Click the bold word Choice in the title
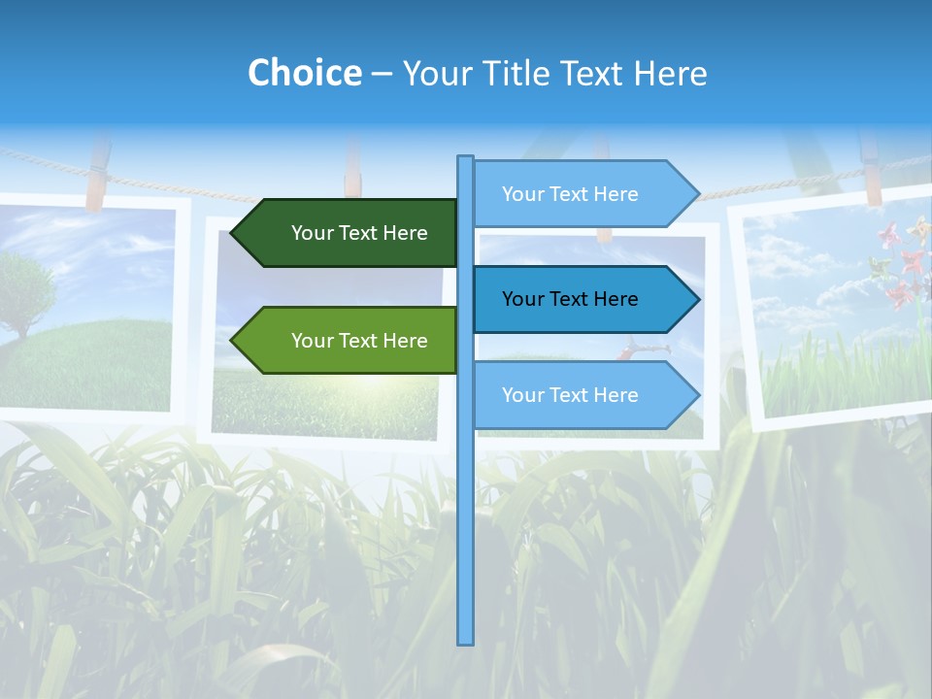(304, 73)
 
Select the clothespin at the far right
(870, 170)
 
